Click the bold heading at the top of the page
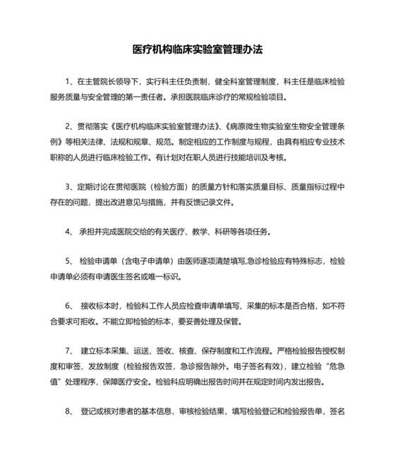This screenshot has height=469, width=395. [x=197, y=51]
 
